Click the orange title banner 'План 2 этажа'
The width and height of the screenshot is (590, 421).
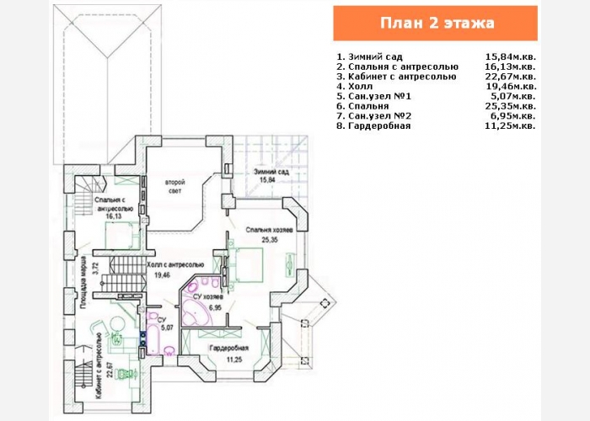(436, 23)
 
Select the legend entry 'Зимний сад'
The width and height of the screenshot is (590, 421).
(375, 57)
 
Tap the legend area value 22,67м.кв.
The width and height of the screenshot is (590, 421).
(511, 77)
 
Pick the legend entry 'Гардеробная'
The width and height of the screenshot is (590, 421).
(379, 126)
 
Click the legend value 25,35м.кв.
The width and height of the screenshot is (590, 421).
(511, 106)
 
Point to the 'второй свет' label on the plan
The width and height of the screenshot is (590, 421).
(175, 186)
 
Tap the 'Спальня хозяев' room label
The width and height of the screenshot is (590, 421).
(269, 230)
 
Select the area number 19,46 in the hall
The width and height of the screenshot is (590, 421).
(163, 274)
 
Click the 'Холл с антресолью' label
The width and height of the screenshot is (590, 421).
(175, 264)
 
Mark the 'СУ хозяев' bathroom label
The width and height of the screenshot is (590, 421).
(208, 297)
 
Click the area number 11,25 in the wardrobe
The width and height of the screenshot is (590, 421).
(234, 360)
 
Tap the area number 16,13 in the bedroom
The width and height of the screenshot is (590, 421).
(114, 216)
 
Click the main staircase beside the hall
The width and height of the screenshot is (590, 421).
(126, 274)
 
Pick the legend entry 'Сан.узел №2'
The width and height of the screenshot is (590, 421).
(379, 116)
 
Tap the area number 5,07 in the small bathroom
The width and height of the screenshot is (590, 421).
(167, 328)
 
